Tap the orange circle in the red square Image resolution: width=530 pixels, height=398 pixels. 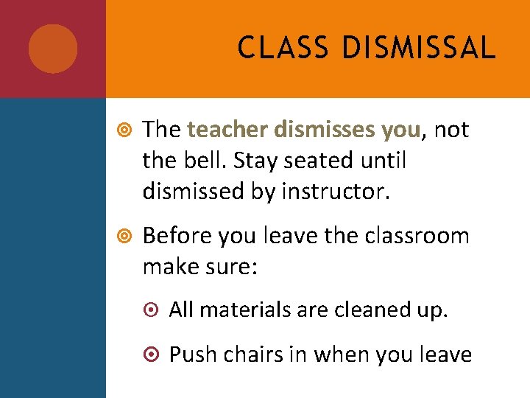[53, 49]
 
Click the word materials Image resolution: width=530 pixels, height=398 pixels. [245, 310]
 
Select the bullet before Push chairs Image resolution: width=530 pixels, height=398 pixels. [151, 355]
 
